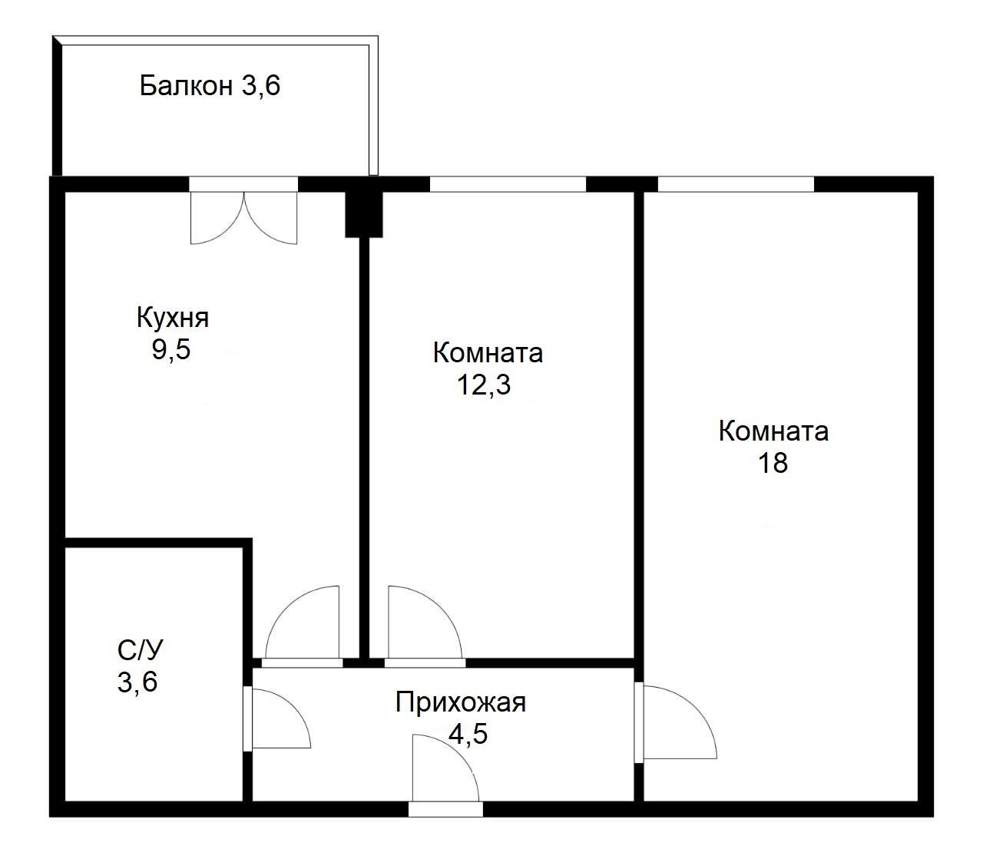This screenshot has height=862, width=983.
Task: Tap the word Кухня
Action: (x=172, y=317)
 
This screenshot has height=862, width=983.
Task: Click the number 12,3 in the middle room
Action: (x=484, y=385)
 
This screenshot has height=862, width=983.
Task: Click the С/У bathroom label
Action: (x=140, y=650)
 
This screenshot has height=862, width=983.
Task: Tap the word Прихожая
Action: (x=461, y=702)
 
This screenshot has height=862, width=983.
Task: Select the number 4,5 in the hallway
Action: (x=468, y=735)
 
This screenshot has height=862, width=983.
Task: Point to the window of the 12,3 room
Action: (x=507, y=184)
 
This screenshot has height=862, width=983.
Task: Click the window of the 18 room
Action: (x=735, y=184)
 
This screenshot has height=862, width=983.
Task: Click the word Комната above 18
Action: (x=773, y=431)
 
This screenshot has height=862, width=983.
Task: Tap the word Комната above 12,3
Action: (x=488, y=353)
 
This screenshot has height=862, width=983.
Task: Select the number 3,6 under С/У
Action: (x=137, y=682)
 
